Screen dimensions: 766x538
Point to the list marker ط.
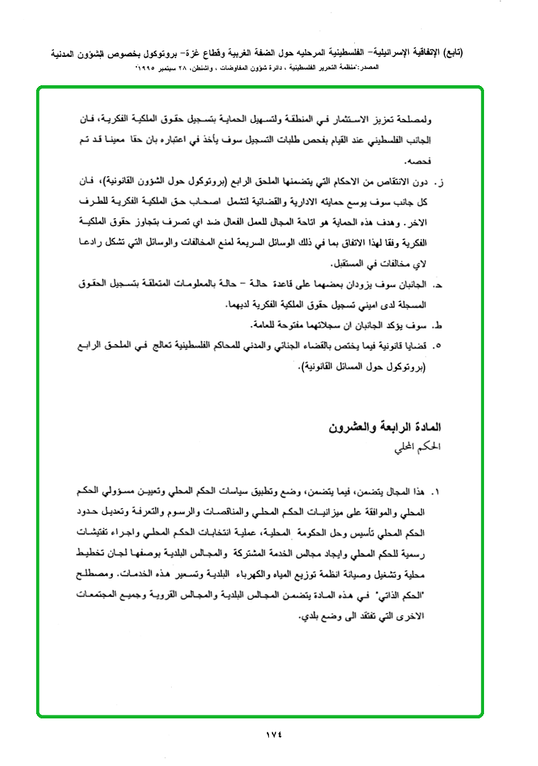[439, 327]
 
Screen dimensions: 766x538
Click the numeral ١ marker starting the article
[438, 491]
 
